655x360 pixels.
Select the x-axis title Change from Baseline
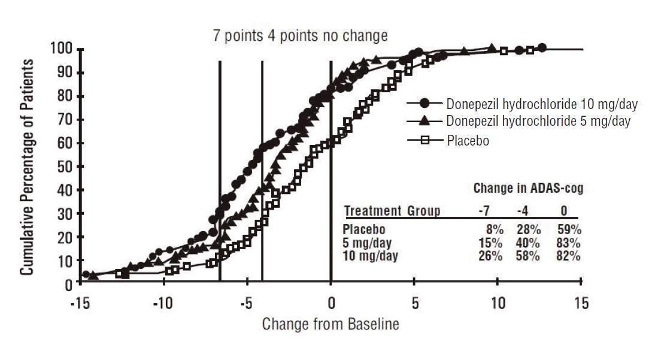point(330,325)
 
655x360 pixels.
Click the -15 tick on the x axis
point(80,302)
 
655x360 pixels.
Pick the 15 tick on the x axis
point(581,302)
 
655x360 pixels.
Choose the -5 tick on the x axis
point(247,302)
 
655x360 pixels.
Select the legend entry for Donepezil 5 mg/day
point(538,121)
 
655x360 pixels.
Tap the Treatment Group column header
point(392,211)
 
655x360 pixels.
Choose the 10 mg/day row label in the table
point(370,256)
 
